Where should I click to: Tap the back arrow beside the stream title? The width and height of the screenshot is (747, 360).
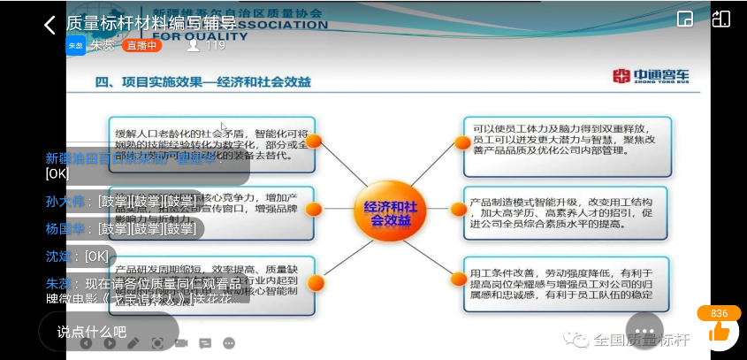(x=50, y=25)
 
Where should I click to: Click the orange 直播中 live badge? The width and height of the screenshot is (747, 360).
(x=141, y=45)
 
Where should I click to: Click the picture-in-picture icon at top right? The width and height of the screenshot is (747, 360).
(x=684, y=19)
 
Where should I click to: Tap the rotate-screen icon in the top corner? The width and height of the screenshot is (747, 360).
(x=721, y=19)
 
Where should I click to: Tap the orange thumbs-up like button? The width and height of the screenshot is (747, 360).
(x=719, y=332)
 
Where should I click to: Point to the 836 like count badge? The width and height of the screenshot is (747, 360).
(x=719, y=313)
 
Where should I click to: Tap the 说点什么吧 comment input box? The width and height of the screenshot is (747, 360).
(x=93, y=332)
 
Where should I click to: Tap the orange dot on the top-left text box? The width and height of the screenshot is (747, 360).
(x=314, y=141)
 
